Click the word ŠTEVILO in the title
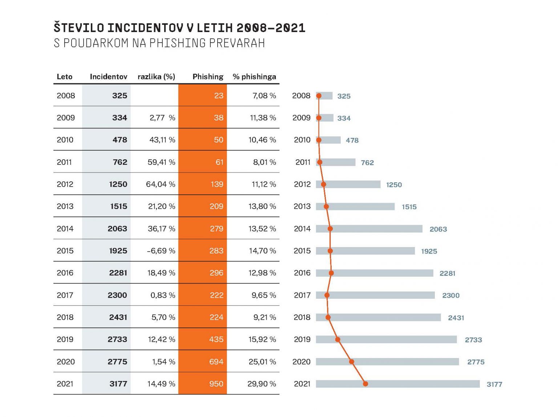pyautogui.click(x=79, y=28)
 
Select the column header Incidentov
pyautogui.click(x=108, y=76)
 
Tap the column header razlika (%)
pyautogui.click(x=156, y=76)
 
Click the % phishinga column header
pyautogui.click(x=254, y=76)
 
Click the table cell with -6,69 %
pyautogui.click(x=161, y=251)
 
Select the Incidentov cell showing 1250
pyautogui.click(x=118, y=184)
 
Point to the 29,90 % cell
pyautogui.click(x=262, y=384)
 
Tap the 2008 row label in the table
pyautogui.click(x=66, y=95)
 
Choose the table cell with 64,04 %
pyautogui.click(x=161, y=184)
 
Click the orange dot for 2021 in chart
pyautogui.click(x=365, y=384)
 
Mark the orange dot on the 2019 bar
pyautogui.click(x=337, y=339)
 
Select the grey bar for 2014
pyautogui.click(x=378, y=229)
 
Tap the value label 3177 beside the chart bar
pyautogui.click(x=494, y=384)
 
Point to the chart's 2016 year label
pyautogui.click(x=302, y=273)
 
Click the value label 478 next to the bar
pyautogui.click(x=352, y=140)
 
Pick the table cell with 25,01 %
pyautogui.click(x=262, y=362)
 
